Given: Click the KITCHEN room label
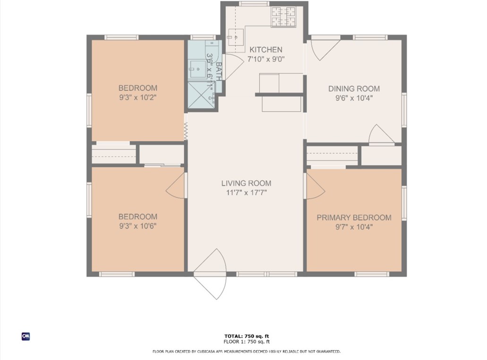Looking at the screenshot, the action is (266, 50).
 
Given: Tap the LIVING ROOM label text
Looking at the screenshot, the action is (246, 183).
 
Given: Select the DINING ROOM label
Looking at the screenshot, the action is (354, 89).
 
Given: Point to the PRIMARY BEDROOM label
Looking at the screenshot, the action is (354, 217).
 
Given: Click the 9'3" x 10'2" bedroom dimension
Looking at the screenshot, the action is (137, 97).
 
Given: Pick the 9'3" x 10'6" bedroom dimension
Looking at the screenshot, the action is (137, 226).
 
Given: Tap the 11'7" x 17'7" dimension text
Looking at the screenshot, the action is (246, 193).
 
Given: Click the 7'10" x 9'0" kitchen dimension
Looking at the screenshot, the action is (266, 59).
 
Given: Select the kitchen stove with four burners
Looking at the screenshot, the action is (283, 17).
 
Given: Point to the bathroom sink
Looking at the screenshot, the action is (197, 69).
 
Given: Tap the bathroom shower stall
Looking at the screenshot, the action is (201, 95).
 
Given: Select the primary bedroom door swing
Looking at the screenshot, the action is (315, 186).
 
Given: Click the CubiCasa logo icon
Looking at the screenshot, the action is (26, 336).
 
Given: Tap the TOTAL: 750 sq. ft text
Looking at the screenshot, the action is (247, 336).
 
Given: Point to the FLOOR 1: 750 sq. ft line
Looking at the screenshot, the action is (247, 342).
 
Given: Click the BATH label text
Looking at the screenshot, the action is (219, 72).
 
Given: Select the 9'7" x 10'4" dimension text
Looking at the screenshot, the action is (354, 227).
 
